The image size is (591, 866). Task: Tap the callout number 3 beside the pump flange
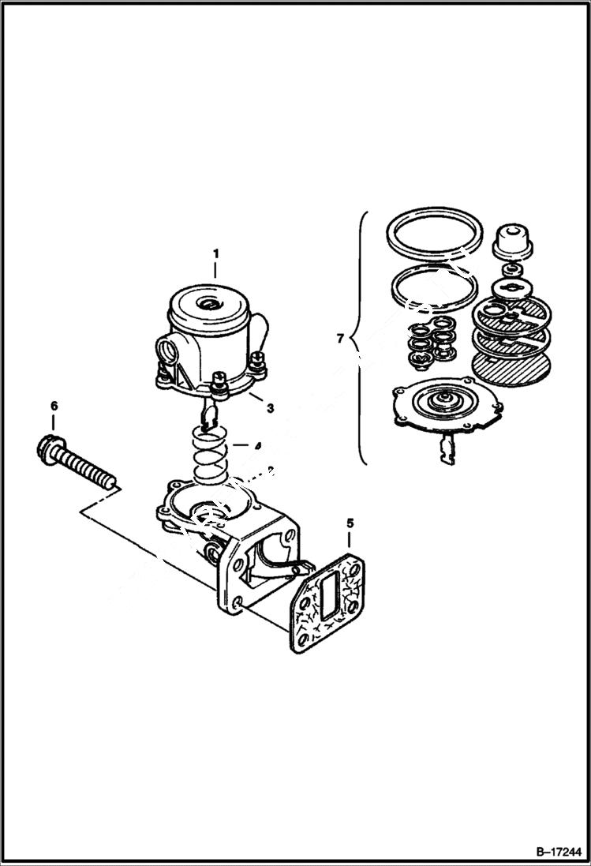pos(270,408)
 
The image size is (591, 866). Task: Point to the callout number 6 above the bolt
pos(54,406)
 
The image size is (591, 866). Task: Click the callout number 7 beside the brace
pos(340,339)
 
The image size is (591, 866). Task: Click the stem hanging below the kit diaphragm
pos(444,450)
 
